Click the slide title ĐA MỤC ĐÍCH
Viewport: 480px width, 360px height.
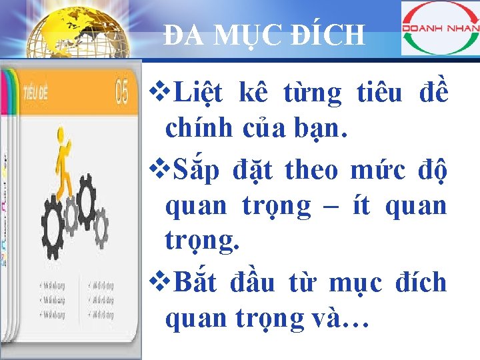(265, 35)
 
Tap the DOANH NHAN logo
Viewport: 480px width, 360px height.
(440, 28)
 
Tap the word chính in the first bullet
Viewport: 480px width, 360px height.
(195, 127)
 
